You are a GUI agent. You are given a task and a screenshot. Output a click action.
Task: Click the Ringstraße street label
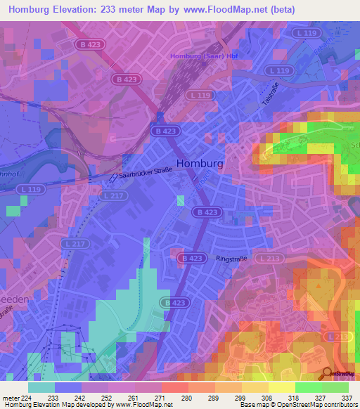pos(233,258)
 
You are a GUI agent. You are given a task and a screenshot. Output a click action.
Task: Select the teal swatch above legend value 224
pos(41,387)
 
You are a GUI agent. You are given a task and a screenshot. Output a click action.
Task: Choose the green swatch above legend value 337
pos(335,387)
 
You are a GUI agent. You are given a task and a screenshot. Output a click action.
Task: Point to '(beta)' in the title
pos(282,9)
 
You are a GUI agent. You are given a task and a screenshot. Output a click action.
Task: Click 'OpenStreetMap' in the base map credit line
pos(296,405)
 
